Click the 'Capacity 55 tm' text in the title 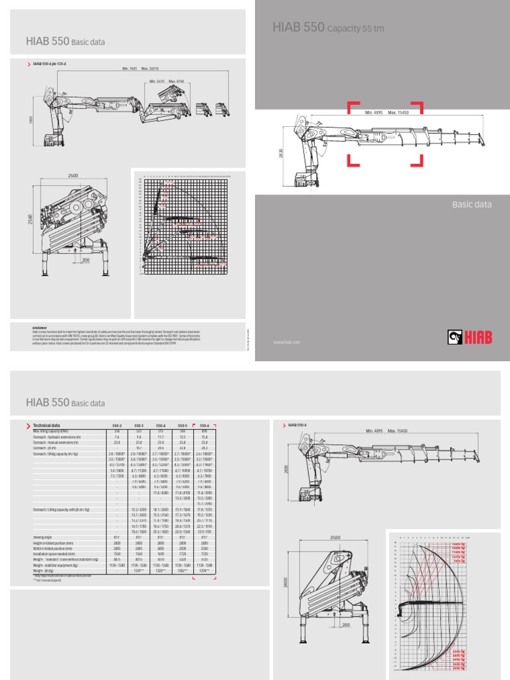point(355,29)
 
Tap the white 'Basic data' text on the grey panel point(472,205)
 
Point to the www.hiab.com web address point(287,343)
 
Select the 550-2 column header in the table point(117,425)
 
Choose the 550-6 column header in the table point(203,425)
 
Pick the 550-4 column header point(161,425)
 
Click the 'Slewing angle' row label point(44,537)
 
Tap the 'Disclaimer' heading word point(38,327)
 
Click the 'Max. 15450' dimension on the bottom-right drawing point(401,432)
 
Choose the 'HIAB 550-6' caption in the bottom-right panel point(303,424)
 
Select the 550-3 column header point(139,425)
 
